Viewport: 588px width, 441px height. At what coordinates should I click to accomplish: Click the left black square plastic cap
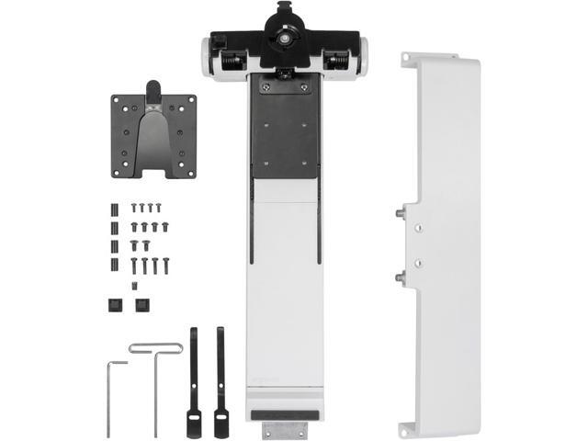115,304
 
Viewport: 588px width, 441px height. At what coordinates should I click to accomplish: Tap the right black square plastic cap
141,304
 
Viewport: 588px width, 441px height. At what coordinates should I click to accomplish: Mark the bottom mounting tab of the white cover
406,428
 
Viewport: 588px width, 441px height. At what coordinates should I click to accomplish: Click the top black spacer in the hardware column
115,207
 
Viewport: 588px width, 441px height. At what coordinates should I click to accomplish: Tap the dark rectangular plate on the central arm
287,129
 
